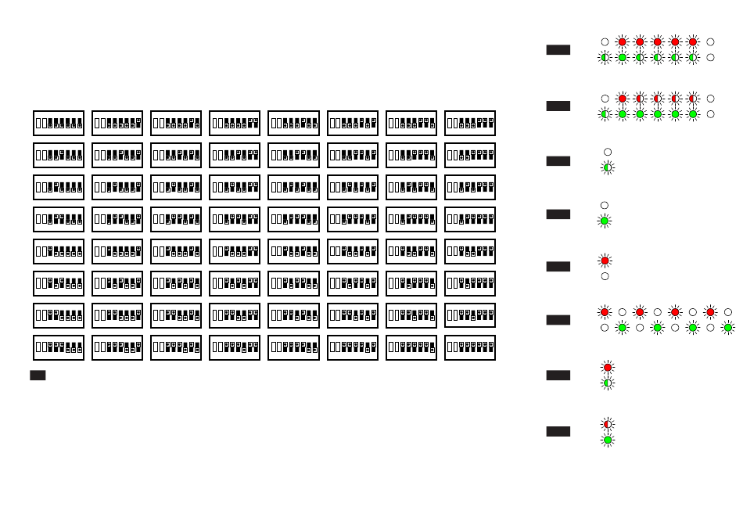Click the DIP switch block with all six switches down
point(59,123)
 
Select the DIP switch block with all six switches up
point(470,347)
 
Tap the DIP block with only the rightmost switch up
point(117,123)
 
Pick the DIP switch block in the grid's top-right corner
point(470,123)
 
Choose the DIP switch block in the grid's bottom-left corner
point(59,347)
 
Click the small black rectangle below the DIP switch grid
point(38,376)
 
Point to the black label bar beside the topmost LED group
point(558,49)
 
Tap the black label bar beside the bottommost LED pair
point(558,431)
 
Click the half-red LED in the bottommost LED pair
point(608,424)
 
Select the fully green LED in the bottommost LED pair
point(608,440)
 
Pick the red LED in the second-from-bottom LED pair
point(608,367)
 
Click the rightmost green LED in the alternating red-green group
point(728,328)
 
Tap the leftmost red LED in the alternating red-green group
point(605,312)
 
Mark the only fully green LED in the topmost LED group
point(623,57)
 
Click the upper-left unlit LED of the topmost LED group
point(605,41)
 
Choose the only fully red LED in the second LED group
point(623,99)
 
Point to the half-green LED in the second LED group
point(605,114)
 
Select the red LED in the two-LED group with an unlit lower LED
point(605,260)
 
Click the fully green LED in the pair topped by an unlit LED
point(605,221)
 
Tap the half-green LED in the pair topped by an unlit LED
point(608,167)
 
